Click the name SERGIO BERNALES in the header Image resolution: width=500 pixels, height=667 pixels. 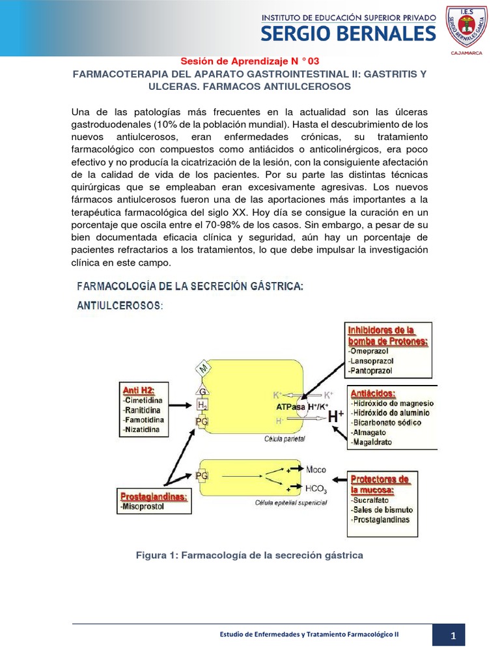click(x=348, y=33)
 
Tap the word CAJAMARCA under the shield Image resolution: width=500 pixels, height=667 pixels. click(x=465, y=53)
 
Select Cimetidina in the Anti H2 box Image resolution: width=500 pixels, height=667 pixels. click(x=145, y=399)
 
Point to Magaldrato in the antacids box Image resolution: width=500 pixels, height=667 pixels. click(x=374, y=442)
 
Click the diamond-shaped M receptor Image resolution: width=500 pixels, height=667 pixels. click(x=203, y=369)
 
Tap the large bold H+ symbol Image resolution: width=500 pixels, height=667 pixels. click(x=335, y=418)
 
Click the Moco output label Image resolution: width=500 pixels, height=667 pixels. click(x=316, y=469)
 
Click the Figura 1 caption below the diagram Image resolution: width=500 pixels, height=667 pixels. click(x=249, y=555)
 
